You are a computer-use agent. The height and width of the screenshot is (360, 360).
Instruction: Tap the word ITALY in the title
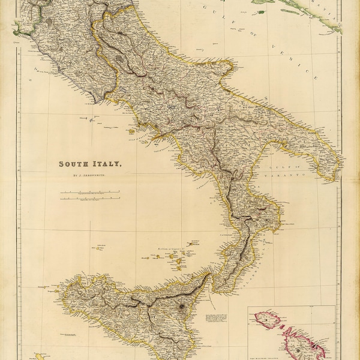106,163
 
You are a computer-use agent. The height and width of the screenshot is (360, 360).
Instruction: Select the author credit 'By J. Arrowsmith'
89,175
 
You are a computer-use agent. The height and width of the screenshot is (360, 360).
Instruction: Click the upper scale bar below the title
89,191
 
